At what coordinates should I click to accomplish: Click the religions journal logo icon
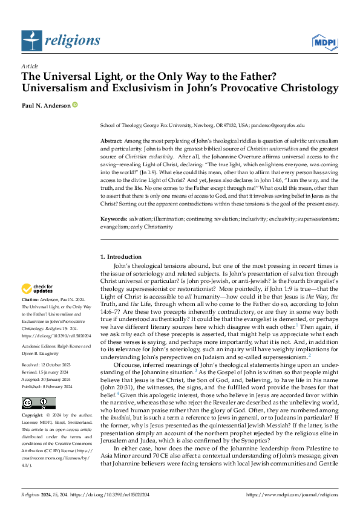(31, 41)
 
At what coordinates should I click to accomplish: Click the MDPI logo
(324, 41)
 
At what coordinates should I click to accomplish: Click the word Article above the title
(29, 65)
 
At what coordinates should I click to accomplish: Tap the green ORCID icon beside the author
(76, 105)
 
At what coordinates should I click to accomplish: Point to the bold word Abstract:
(111, 140)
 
